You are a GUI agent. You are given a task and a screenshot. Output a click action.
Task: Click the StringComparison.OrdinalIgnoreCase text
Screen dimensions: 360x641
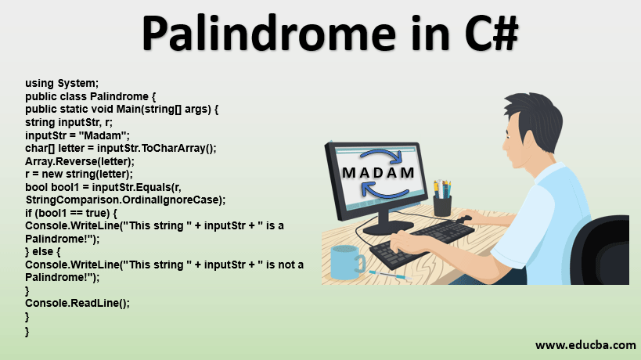click(124, 200)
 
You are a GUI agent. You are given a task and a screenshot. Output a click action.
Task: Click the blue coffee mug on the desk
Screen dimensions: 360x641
click(345, 262)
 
